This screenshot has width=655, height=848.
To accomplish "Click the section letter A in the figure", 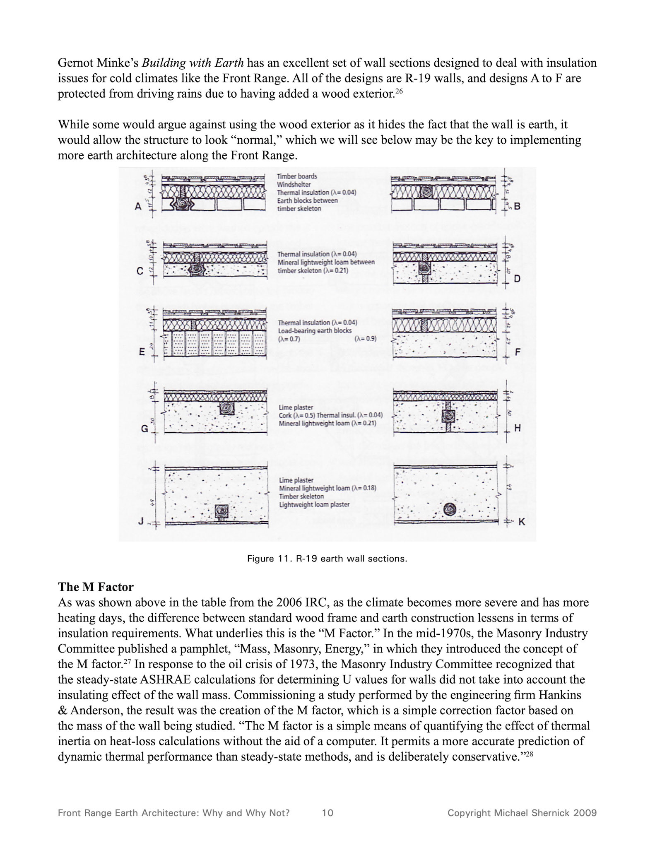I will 138,206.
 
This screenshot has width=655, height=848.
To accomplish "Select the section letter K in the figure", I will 522,522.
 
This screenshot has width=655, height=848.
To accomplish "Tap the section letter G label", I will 144,429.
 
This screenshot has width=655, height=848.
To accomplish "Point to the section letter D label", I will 517,279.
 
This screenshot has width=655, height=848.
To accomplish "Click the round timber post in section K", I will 450,509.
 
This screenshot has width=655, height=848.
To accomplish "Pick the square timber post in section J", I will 222,512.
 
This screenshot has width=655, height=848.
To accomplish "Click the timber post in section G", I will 227,408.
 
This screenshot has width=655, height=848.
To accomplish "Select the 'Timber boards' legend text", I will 297,176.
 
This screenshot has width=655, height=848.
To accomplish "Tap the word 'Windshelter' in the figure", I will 294,185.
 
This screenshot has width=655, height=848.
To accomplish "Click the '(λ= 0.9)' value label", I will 366,339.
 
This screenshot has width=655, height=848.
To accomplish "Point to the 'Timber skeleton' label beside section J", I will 301,496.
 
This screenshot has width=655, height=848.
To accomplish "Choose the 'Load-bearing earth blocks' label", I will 315,331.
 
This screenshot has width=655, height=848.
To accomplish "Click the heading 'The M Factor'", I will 96,587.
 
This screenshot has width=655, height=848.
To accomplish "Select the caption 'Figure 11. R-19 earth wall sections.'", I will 327,559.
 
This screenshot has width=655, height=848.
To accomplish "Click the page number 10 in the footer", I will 327,813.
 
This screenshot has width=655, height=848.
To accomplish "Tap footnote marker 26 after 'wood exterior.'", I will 398,91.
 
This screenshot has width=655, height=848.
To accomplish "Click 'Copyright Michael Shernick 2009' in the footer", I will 522,813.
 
